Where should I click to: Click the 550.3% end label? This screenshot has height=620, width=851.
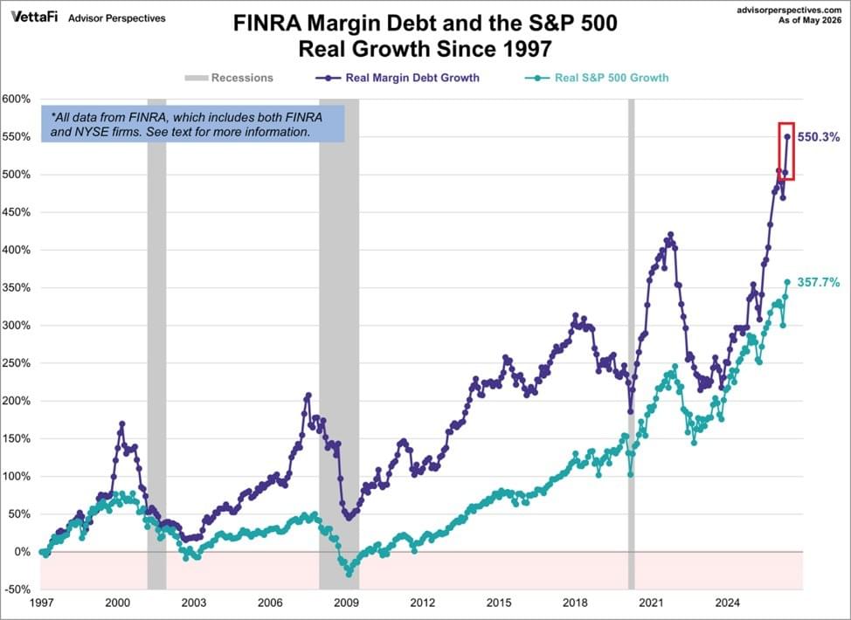click(x=819, y=137)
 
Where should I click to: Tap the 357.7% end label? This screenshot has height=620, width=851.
click(x=819, y=282)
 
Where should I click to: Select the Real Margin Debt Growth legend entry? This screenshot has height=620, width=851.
click(x=398, y=78)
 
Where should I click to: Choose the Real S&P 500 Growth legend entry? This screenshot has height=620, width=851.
click(x=597, y=78)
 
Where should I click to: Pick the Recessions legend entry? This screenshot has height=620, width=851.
click(x=229, y=78)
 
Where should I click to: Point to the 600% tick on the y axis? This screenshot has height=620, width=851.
click(x=17, y=100)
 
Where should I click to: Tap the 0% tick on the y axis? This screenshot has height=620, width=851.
click(x=23, y=552)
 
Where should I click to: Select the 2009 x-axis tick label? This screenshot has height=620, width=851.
click(x=346, y=603)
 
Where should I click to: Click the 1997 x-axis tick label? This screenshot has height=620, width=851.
click(x=41, y=603)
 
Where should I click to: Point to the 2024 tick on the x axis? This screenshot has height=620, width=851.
click(x=727, y=603)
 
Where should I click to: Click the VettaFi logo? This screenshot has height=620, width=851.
click(x=34, y=17)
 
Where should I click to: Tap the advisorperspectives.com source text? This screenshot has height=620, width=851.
click(x=789, y=10)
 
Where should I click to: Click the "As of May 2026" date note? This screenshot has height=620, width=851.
click(x=810, y=21)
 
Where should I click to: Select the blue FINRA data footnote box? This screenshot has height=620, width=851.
click(x=193, y=124)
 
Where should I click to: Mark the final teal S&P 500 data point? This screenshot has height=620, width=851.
click(x=787, y=282)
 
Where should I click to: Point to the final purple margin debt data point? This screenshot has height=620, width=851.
click(x=787, y=137)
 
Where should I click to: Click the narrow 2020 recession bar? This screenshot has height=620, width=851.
click(x=631, y=344)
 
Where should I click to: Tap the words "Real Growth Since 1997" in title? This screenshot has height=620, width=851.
click(x=425, y=49)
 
